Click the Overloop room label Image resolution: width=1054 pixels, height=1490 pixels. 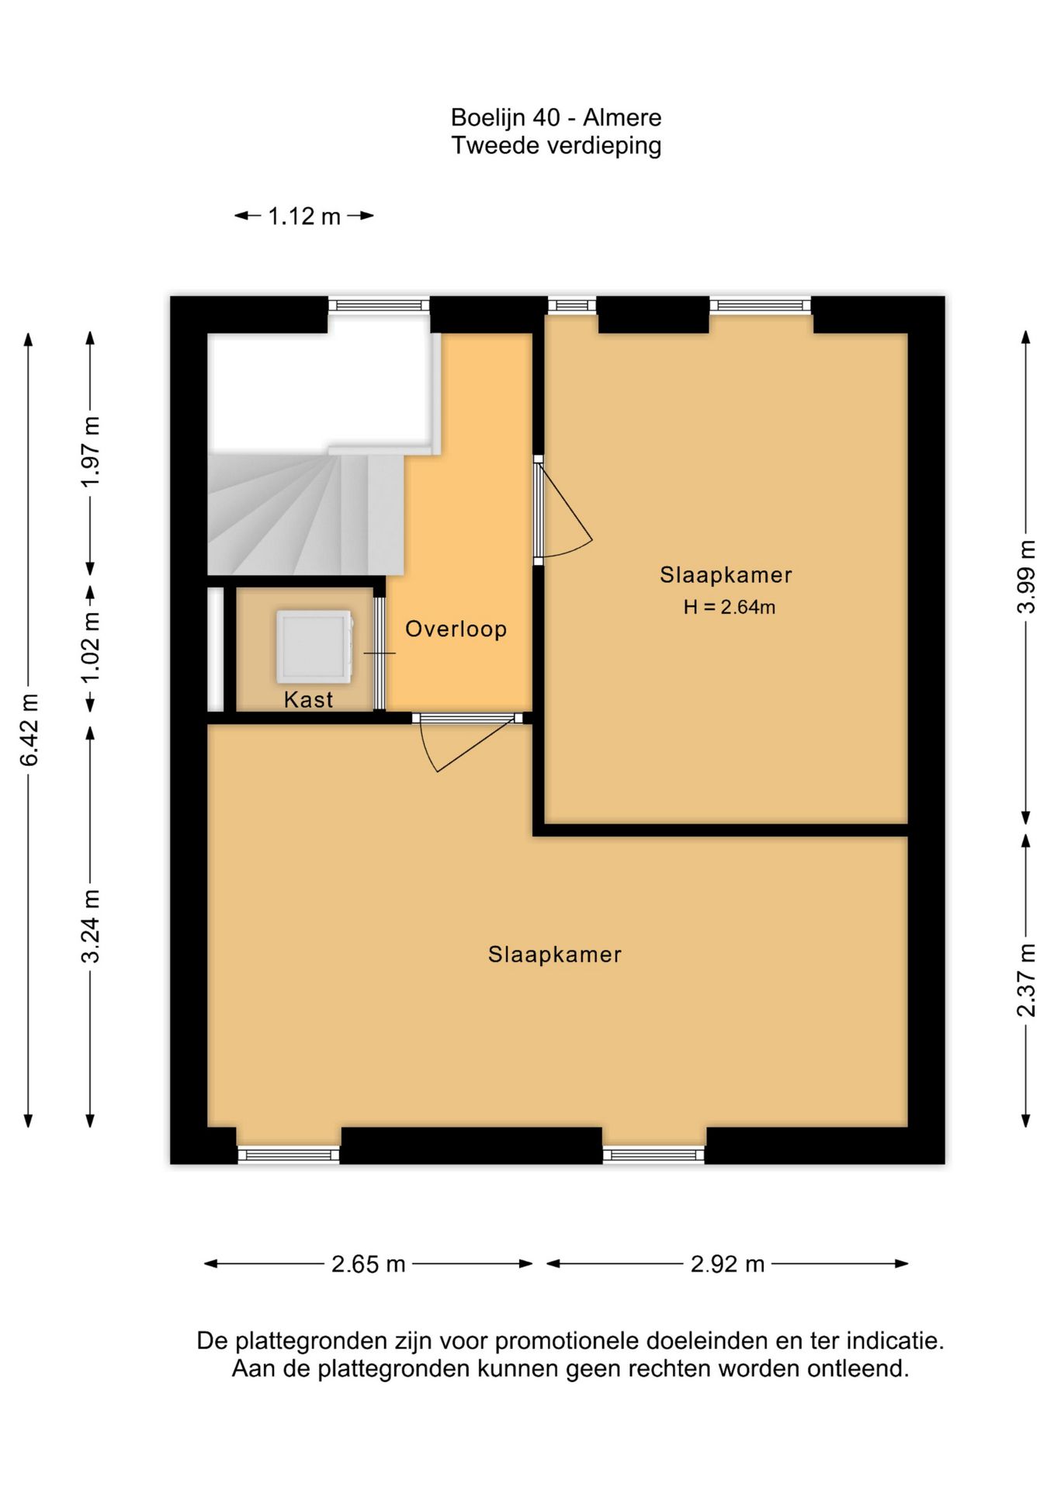pyautogui.click(x=456, y=629)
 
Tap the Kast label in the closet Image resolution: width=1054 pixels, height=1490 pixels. pyautogui.click(x=308, y=699)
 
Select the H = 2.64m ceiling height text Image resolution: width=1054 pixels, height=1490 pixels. pyautogui.click(x=729, y=607)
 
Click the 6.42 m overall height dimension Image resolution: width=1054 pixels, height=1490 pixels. pyautogui.click(x=29, y=729)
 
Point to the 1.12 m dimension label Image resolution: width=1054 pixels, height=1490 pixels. pyautogui.click(x=304, y=216)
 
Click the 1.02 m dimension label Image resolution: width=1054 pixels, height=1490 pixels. pyautogui.click(x=91, y=647)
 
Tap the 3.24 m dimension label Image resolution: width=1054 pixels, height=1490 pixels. pyautogui.click(x=91, y=927)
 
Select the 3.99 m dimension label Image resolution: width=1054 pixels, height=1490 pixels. pyautogui.click(x=1026, y=577)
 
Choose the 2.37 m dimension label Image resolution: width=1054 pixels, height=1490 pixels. pyautogui.click(x=1026, y=979)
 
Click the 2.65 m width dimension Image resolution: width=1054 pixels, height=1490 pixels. pyautogui.click(x=369, y=1264)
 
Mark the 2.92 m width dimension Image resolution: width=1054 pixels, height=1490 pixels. pyautogui.click(x=728, y=1264)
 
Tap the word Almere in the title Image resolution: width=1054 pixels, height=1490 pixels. pyautogui.click(x=622, y=118)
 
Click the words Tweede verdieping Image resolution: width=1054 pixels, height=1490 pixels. pyautogui.click(x=556, y=146)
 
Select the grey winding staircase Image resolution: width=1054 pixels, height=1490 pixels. pyautogui.click(x=306, y=512)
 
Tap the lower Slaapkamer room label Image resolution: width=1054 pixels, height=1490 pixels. pyautogui.click(x=555, y=955)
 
